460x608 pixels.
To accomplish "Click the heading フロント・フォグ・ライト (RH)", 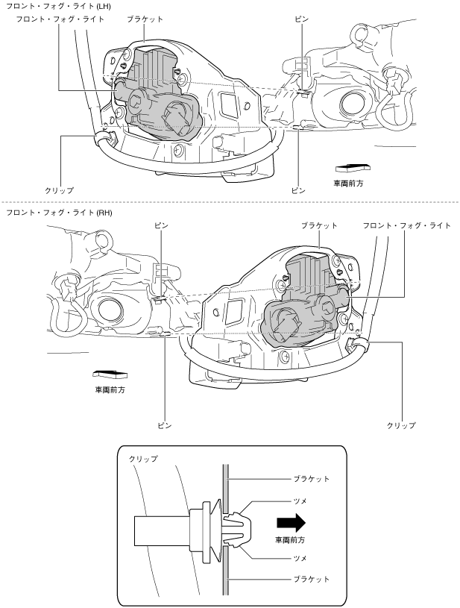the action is [59, 213].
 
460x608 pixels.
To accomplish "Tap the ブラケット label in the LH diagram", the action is [145, 19].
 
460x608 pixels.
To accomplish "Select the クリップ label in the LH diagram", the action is [60, 190].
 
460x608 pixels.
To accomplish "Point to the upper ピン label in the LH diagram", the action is [301, 19].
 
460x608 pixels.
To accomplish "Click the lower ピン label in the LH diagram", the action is [298, 190].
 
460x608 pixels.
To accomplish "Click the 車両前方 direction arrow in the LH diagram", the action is [353, 168].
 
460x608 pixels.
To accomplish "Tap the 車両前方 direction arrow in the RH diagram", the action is [110, 374].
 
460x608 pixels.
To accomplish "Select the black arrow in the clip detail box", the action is [291, 522].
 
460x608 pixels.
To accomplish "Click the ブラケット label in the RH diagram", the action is [319, 226].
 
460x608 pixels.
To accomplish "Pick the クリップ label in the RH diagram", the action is [401, 425].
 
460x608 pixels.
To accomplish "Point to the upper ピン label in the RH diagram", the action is [161, 226].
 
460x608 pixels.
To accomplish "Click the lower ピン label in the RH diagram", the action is [164, 425].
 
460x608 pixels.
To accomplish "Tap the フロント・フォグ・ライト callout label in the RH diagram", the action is [407, 226].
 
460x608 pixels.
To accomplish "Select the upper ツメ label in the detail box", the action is [300, 501].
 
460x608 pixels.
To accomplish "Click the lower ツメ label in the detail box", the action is [300, 558].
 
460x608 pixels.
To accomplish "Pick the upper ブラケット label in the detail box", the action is [311, 479].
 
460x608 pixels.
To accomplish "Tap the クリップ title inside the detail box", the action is [143, 459].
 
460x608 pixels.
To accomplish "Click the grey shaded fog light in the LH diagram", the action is [158, 100].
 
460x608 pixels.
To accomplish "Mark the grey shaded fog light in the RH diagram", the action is [306, 302].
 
